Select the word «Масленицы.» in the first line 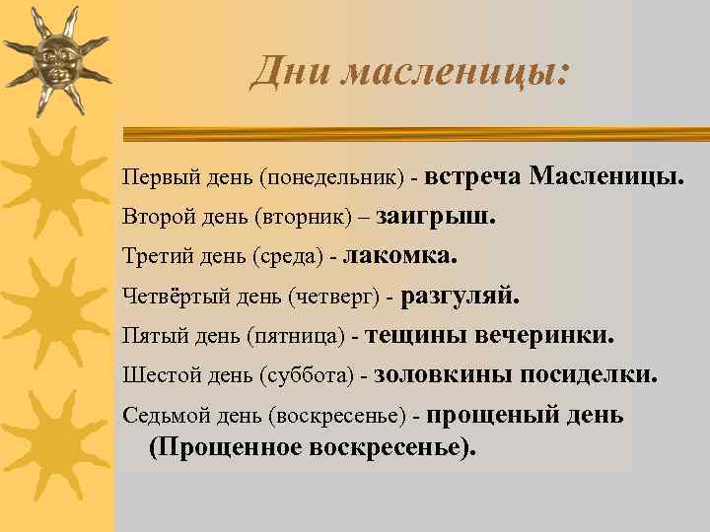pos(606,176)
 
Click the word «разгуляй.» pos(460,296)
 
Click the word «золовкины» pos(431,374)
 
